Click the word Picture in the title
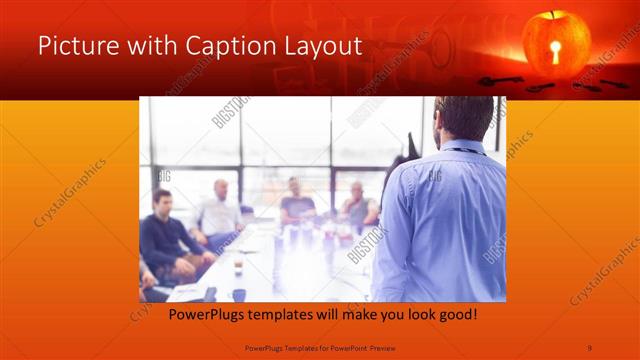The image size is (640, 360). coord(73,46)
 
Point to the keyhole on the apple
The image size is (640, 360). coord(556,51)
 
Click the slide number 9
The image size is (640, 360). coord(588,347)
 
